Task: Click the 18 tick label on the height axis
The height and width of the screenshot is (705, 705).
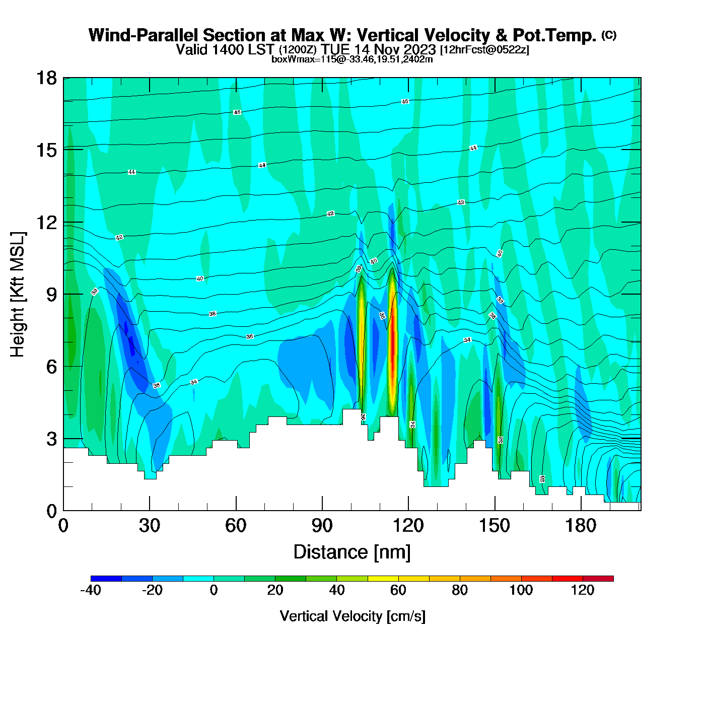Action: point(46,78)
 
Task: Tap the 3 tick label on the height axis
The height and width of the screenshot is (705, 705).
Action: point(51,439)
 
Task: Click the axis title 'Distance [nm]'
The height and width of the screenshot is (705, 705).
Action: point(352,552)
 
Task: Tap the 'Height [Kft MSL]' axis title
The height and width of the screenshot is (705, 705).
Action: point(18,295)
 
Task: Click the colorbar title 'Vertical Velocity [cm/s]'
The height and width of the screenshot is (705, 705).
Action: point(352,616)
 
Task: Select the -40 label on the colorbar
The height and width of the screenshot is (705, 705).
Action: point(91,590)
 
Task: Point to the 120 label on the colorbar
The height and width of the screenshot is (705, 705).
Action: point(583,590)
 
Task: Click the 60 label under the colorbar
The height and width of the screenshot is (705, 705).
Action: point(398,590)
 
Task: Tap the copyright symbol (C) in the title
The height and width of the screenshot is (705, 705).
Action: point(609,35)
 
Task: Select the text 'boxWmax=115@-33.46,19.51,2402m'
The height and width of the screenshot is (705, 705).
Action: point(352,59)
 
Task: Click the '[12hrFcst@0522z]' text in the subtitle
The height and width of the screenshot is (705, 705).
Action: point(484,50)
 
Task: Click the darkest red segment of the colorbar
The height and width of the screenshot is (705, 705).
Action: point(598,579)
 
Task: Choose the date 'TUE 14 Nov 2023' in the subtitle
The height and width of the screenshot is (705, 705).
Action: point(379,49)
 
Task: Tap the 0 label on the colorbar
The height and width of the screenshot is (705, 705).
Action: point(214,590)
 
